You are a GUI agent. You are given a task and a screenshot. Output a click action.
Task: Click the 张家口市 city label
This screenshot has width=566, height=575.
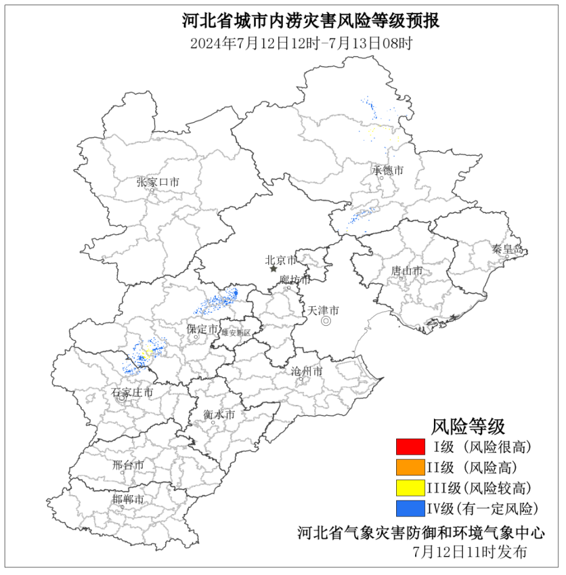tap(157, 182)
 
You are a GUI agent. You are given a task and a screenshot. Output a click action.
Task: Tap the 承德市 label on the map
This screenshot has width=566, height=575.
tap(387, 171)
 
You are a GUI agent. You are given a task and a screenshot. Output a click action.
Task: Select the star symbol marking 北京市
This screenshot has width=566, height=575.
tap(274, 269)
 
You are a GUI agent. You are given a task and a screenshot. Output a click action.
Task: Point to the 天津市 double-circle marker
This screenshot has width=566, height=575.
tap(325, 321)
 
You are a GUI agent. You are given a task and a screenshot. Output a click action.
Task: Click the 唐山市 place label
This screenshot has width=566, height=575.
tap(407, 271)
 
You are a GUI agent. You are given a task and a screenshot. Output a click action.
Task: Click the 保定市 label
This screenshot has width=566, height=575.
tap(202, 329)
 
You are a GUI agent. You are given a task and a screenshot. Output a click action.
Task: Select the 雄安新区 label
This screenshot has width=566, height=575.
tap(236, 333)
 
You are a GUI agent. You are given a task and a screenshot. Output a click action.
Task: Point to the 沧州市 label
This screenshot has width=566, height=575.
tap(307, 371)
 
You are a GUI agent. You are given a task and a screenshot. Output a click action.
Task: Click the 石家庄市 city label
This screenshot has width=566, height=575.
tap(133, 392)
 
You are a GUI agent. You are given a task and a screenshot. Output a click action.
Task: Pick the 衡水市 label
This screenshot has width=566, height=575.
tap(219, 415)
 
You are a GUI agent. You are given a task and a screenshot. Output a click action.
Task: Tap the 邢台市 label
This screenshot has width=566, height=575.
tap(128, 465)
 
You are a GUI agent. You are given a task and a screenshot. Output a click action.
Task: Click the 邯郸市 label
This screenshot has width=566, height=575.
tap(128, 499)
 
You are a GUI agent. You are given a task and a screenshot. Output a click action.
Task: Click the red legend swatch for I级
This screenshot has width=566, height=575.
tap(410, 447)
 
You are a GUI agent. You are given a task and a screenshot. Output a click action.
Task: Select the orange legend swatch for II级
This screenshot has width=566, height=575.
tap(410, 468)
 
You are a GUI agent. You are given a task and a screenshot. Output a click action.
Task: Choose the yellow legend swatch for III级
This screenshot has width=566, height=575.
tap(410, 488)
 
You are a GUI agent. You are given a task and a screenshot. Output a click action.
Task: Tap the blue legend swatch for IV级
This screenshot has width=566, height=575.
tap(410, 508)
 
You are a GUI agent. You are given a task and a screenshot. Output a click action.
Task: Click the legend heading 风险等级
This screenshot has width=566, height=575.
tap(468, 425)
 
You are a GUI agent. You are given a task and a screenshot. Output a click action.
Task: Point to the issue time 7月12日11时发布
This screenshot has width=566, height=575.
tap(470, 553)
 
